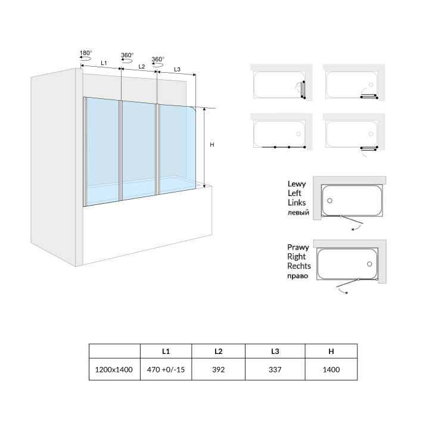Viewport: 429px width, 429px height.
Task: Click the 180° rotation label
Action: [85, 53]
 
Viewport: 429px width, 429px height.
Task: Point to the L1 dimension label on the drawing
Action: [103, 63]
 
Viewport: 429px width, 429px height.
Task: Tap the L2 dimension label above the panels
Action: [141, 66]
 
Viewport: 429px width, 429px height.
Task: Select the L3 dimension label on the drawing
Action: [178, 69]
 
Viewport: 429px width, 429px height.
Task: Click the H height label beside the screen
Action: [212, 145]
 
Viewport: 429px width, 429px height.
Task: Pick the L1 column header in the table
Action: [166, 351]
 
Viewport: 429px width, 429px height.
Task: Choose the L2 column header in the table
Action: [219, 351]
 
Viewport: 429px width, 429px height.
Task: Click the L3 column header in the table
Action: [275, 351]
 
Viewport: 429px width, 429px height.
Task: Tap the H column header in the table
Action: [331, 351]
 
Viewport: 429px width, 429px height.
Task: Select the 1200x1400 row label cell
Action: [114, 369]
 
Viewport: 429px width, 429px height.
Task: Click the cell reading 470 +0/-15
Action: [166, 369]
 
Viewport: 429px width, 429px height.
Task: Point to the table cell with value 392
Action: [219, 369]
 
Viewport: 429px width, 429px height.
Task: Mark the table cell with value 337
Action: [275, 369]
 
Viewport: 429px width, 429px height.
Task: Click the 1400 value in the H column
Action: [331, 369]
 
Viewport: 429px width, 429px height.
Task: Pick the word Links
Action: [296, 203]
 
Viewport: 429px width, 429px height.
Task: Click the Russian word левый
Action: [298, 213]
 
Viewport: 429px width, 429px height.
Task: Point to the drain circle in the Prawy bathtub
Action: [370, 264]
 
